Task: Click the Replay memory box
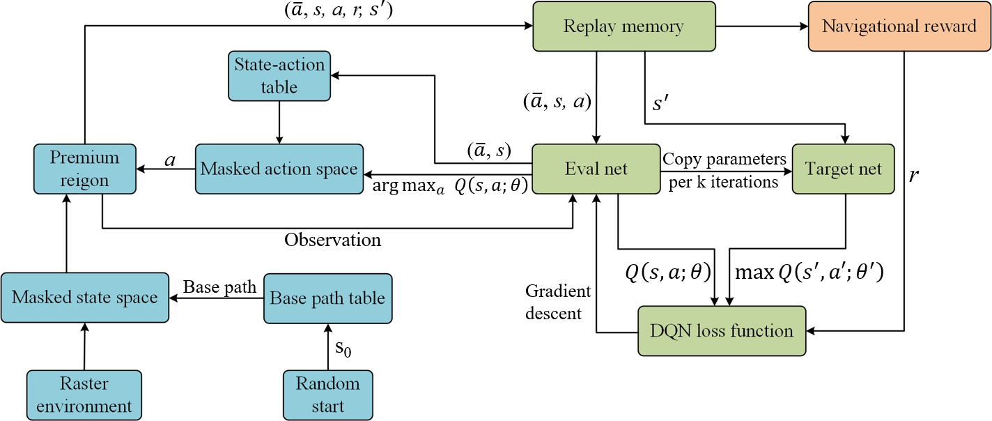(624, 26)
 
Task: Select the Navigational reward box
(899, 26)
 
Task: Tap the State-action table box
(279, 76)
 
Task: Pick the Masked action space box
(279, 169)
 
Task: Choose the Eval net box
(596, 169)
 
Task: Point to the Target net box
(843, 169)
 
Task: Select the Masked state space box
(85, 298)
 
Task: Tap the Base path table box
(327, 298)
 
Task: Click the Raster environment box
(84, 395)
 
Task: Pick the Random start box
(327, 395)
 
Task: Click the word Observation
(332, 240)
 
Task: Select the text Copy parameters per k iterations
(724, 169)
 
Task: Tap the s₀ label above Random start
(343, 348)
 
